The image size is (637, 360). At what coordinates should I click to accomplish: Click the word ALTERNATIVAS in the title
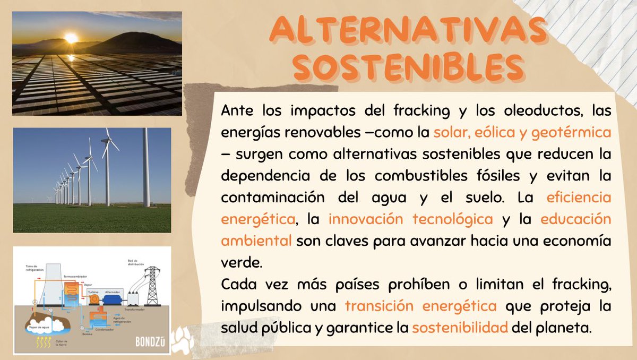pos(407,31)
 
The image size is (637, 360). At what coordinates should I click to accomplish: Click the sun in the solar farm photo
pos(71,38)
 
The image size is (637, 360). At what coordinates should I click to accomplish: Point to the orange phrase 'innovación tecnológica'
pos(411,218)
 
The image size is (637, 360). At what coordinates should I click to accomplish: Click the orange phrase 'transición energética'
pos(420,305)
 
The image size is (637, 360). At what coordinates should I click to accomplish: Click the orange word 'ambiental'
pos(256,240)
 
